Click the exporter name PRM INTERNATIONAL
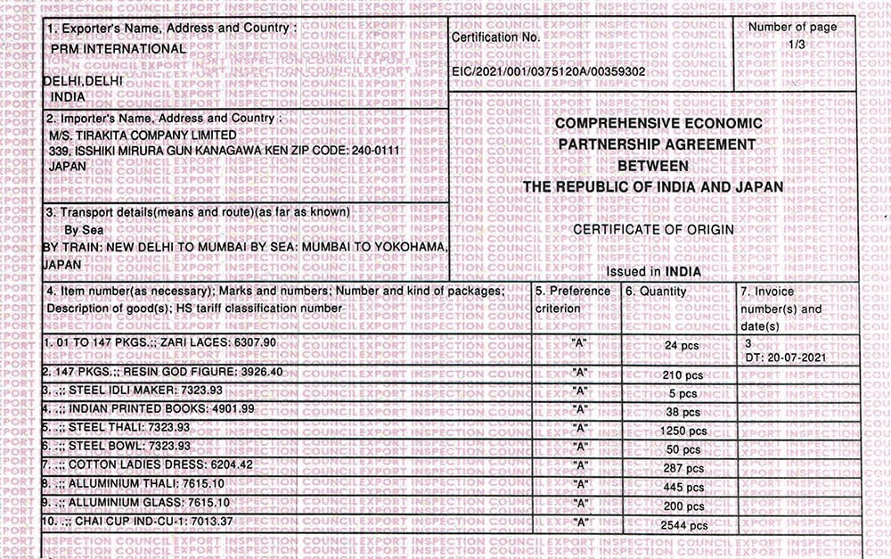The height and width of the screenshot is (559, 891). (119, 49)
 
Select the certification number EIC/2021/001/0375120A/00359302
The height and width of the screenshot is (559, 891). (548, 70)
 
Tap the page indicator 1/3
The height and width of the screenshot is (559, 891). (792, 43)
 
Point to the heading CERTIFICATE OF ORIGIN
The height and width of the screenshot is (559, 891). (653, 230)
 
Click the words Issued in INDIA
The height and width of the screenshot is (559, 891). (653, 271)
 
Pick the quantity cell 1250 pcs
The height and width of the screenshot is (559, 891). (682, 429)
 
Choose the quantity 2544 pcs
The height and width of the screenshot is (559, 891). (683, 526)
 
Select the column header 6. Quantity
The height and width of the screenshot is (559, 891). (656, 292)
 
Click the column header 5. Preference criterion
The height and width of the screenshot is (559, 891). (573, 300)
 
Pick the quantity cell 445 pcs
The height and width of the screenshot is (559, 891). (683, 487)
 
